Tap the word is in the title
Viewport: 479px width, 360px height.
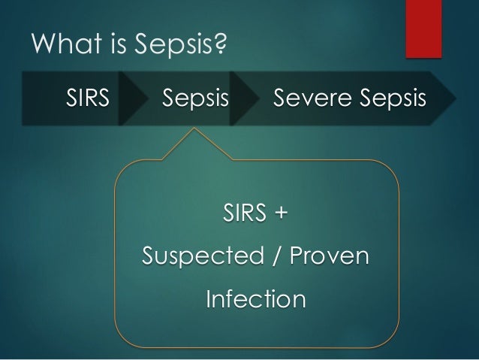tap(110, 47)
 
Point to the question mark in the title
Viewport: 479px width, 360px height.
tap(221, 47)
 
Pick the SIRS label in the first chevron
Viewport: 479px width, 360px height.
tap(88, 98)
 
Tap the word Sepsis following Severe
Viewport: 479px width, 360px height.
tap(390, 99)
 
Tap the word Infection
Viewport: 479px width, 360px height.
tap(255, 300)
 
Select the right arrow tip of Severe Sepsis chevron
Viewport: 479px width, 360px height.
tap(453, 98)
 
